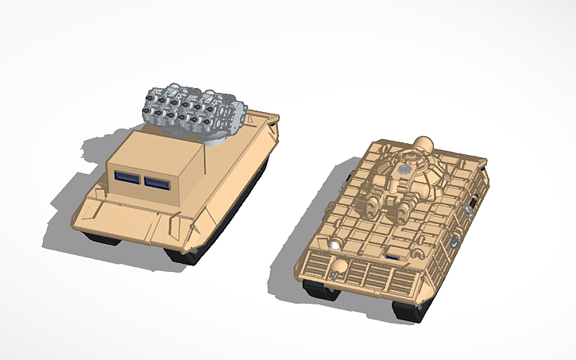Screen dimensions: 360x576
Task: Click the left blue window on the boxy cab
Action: pyautogui.click(x=128, y=180)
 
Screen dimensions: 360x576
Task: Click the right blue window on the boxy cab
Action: pyautogui.click(x=157, y=183)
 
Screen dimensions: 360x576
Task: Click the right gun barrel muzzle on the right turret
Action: pyautogui.click(x=403, y=212)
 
